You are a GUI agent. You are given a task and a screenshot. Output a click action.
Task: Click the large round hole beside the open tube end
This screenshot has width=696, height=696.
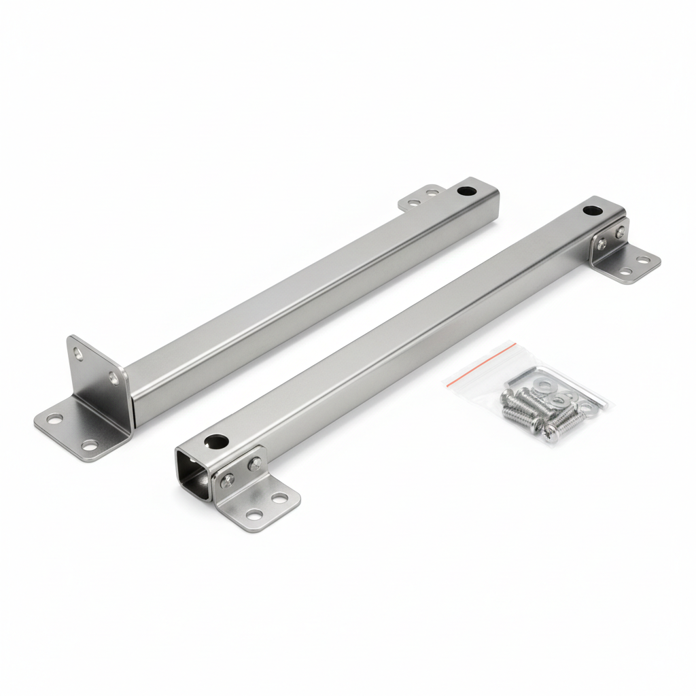click(217, 442)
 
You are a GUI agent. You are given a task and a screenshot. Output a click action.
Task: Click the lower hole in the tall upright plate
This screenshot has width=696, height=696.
click(114, 378)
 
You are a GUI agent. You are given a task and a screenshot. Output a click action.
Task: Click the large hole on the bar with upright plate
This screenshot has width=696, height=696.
click(466, 191)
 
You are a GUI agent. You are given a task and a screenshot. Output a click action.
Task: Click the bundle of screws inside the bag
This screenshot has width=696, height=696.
click(537, 411)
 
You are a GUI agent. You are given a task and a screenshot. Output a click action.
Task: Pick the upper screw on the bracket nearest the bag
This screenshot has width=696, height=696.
click(620, 232)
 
